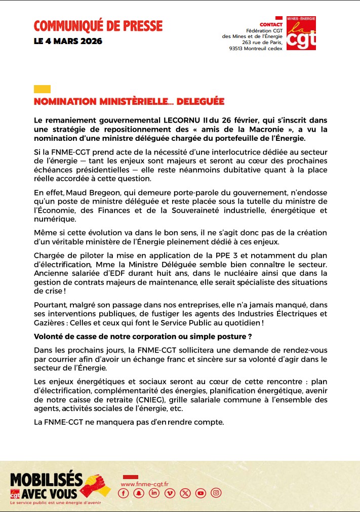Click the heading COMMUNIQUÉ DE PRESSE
point(98,25)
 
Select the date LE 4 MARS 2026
point(68,41)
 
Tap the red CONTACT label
point(270,24)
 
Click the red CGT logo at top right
point(301,33)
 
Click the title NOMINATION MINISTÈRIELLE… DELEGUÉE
point(129,102)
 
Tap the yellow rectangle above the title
point(42,89)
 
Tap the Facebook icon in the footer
point(124,493)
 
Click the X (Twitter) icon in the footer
point(185,493)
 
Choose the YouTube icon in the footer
point(201,493)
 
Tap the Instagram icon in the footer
point(216,493)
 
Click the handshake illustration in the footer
point(96,485)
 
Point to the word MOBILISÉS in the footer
point(46,479)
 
